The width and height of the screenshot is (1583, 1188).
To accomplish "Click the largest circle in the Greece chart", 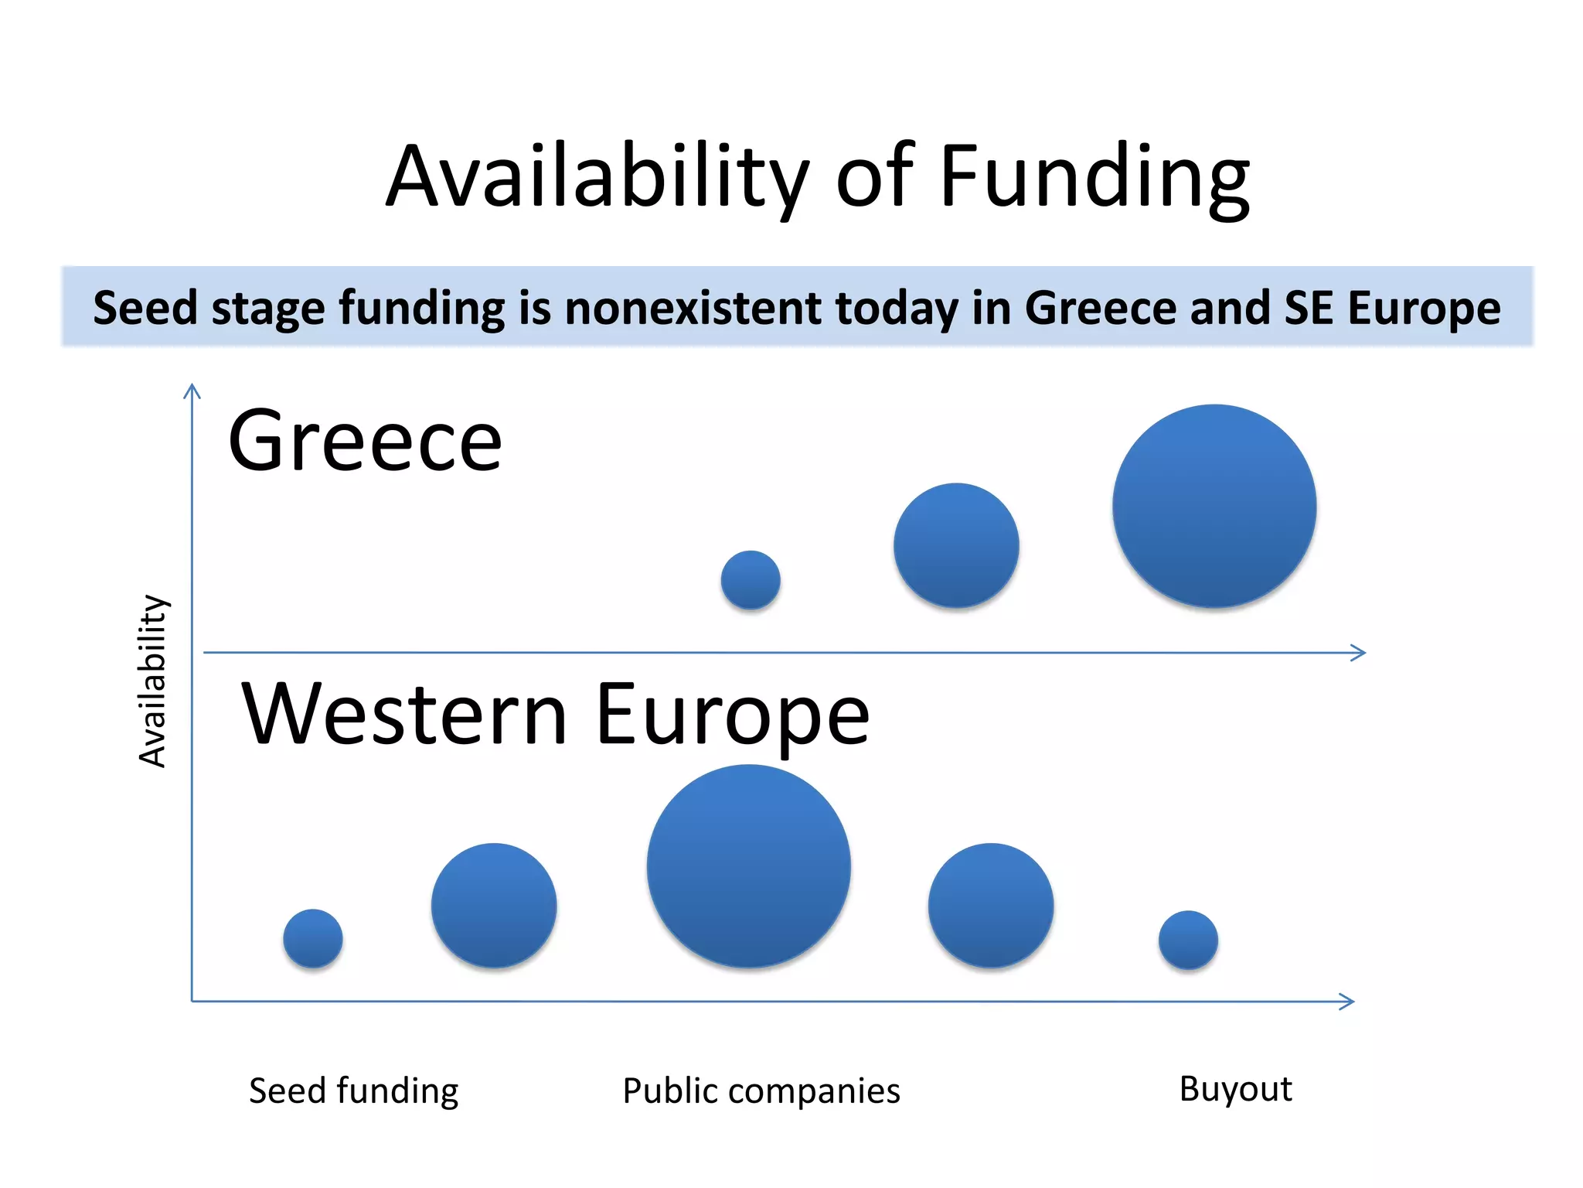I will click(x=1214, y=506).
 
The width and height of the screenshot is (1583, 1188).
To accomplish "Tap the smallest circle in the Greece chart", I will click(x=751, y=580).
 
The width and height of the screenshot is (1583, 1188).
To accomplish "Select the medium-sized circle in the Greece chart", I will click(x=956, y=545).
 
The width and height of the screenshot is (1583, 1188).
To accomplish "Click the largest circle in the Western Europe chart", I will click(x=749, y=865).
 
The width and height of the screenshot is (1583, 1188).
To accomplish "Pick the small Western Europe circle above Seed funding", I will click(x=313, y=938).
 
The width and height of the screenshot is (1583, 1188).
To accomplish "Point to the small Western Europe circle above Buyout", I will click(x=1188, y=940).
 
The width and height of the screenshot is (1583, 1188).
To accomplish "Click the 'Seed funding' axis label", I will click(x=353, y=1091).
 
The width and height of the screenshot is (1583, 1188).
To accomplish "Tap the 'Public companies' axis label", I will click(x=761, y=1091).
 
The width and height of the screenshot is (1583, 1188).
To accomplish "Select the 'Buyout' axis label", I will click(x=1235, y=1090).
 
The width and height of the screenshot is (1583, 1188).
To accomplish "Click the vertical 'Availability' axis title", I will click(x=152, y=681).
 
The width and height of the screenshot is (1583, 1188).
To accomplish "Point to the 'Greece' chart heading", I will click(x=365, y=441).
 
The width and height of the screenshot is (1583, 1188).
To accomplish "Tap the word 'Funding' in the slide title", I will click(x=1094, y=178).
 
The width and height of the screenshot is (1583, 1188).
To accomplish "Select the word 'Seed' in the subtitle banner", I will click(x=145, y=308).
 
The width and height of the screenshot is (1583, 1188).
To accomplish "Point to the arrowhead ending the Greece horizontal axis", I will click(x=1360, y=653).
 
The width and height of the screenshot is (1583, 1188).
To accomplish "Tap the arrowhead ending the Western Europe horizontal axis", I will click(x=1348, y=1002).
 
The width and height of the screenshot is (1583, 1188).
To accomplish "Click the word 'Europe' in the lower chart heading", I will click(x=732, y=715).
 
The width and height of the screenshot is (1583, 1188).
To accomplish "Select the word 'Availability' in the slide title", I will click(x=598, y=178).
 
